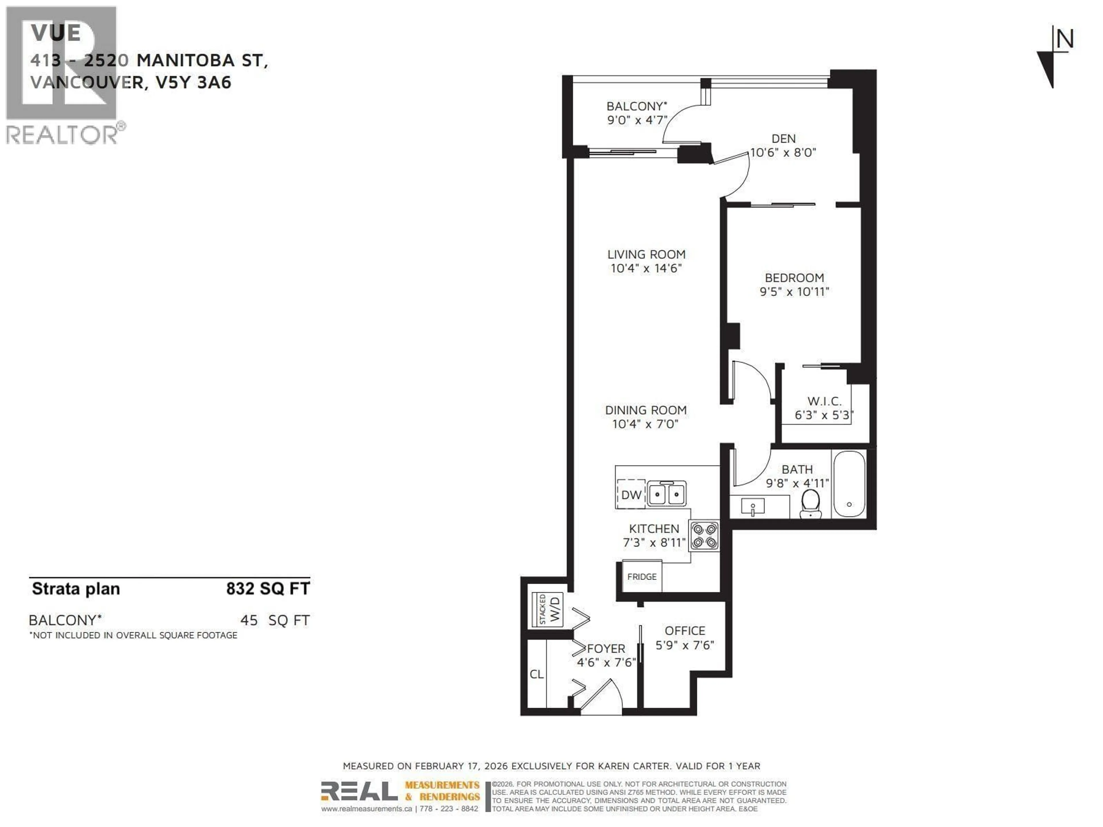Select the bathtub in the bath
(x=849, y=484)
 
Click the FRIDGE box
(x=642, y=577)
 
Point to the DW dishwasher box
(x=631, y=494)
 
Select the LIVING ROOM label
(x=646, y=254)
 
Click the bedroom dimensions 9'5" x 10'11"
(x=794, y=292)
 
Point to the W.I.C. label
(x=824, y=401)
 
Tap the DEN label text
(x=783, y=139)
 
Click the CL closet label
(x=537, y=674)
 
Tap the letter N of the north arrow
(x=1064, y=39)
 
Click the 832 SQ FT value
(x=268, y=589)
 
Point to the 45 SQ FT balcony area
(x=275, y=620)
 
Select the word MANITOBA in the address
(x=186, y=60)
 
